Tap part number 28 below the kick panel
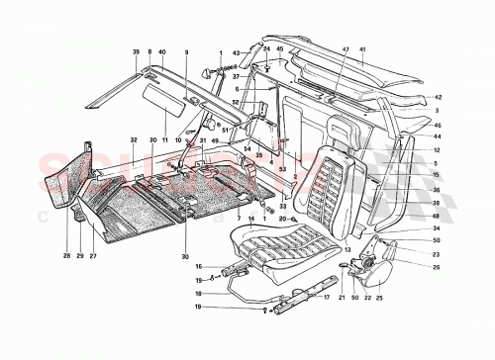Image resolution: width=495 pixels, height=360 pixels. (x=67, y=256)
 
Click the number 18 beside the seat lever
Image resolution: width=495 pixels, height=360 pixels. (x=199, y=294)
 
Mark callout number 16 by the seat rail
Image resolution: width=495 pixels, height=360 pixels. (x=199, y=267)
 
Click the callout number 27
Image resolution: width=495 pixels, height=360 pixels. (x=94, y=256)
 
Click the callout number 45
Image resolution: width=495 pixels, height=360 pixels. (x=280, y=48)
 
